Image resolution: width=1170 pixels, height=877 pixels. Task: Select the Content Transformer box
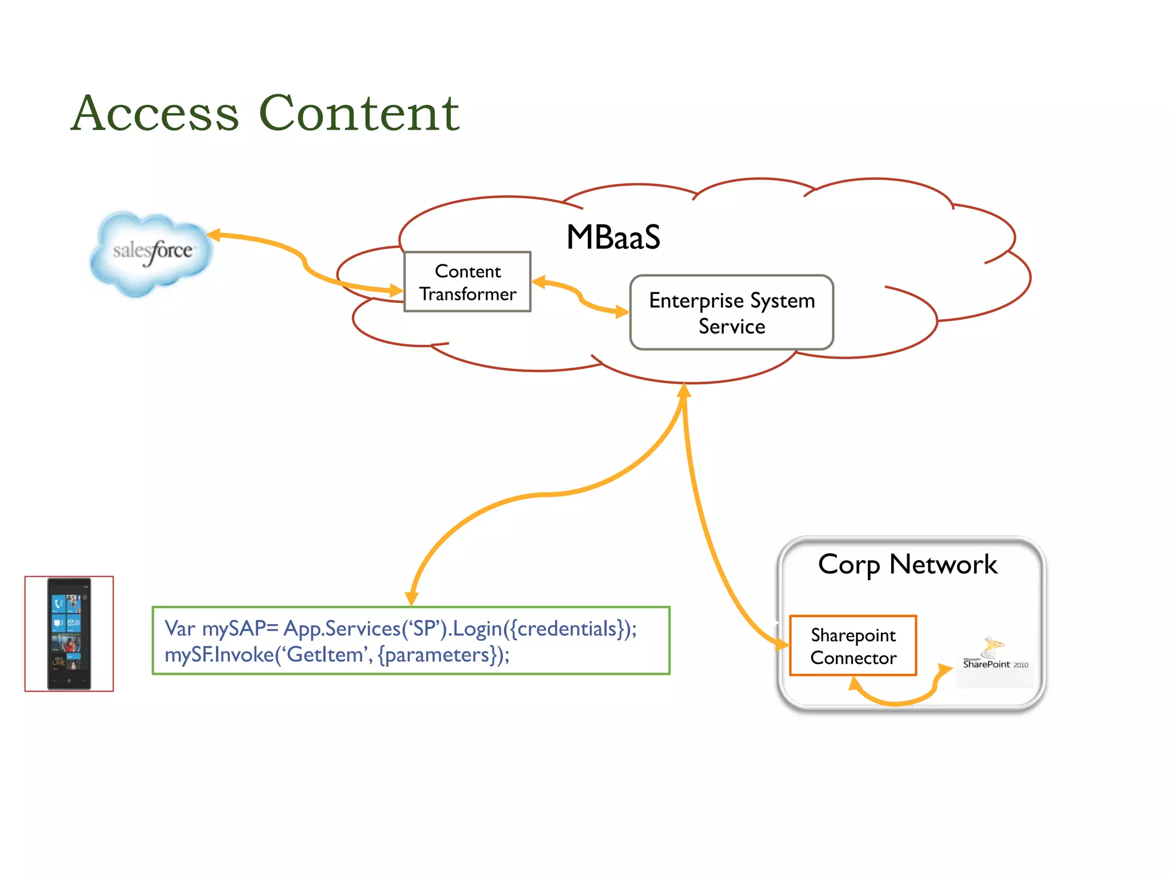(467, 282)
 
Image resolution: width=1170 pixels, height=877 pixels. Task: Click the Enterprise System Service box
(731, 313)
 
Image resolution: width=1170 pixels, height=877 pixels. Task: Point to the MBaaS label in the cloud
(613, 237)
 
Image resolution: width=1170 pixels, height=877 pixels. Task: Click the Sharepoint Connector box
(853, 646)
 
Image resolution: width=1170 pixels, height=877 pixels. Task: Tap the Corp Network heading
(907, 565)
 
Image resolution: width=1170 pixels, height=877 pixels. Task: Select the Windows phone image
(69, 634)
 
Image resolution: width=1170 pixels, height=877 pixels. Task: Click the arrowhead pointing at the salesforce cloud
(214, 235)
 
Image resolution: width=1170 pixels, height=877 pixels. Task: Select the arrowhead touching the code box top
(411, 598)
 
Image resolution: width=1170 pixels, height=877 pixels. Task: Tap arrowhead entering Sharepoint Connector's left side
(782, 643)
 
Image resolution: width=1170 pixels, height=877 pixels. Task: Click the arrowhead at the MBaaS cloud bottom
(684, 391)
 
